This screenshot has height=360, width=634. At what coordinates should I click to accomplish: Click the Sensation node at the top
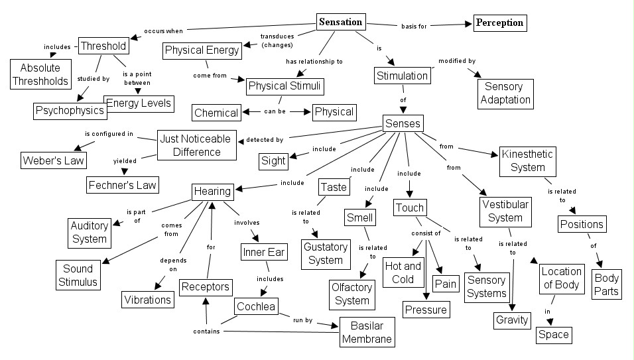[x=341, y=22]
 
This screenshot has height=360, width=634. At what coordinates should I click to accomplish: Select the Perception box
[x=499, y=23]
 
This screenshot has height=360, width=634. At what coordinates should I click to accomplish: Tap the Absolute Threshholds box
[x=40, y=74]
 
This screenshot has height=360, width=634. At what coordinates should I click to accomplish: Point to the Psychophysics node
[x=70, y=110]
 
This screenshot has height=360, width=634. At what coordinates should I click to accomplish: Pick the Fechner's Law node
[x=123, y=184]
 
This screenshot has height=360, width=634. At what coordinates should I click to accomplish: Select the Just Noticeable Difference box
[x=197, y=145]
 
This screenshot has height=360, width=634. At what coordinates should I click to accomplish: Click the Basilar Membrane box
[x=367, y=331]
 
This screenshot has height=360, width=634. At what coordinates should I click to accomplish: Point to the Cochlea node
[x=255, y=306]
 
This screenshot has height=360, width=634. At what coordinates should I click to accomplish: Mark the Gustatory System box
[x=325, y=253]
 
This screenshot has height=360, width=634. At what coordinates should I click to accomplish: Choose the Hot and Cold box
[x=403, y=272]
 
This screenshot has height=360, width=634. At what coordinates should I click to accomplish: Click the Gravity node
[x=513, y=320]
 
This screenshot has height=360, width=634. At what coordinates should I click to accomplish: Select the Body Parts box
[x=606, y=284]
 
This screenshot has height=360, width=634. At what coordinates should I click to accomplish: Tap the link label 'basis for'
[x=413, y=27]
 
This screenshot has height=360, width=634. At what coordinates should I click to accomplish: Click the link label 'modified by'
[x=457, y=61]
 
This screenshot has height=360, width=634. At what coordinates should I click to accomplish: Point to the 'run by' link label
[x=304, y=320]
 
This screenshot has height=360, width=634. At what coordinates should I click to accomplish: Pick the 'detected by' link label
[x=265, y=140]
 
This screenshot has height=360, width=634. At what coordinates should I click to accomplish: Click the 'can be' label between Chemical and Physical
[x=275, y=111]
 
